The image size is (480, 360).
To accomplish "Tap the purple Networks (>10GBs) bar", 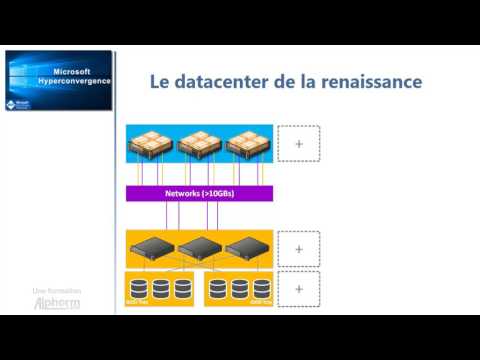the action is [x=199, y=193].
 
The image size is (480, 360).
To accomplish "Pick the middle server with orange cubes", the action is [x=199, y=145].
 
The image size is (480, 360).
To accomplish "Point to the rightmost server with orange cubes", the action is [x=249, y=145].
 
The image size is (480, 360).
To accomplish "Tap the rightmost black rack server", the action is [x=247, y=248].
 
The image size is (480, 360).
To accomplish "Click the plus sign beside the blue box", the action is [x=297, y=145].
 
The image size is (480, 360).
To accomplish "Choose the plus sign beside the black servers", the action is [x=297, y=248].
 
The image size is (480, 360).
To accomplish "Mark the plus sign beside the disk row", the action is [x=297, y=289].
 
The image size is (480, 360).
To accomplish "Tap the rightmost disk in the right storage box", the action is [x=261, y=290].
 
